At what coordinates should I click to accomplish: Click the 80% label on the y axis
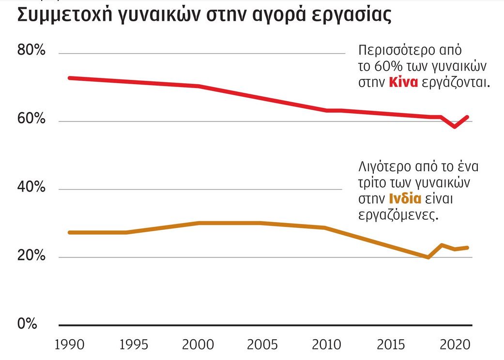pyautogui.click(x=31, y=51)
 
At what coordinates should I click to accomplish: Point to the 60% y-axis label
pyautogui.click(x=31, y=119)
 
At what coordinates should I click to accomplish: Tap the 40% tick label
pyautogui.click(x=31, y=187)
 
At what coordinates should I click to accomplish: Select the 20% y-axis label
pyautogui.click(x=31, y=255)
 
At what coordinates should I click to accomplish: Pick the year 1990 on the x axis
pyautogui.click(x=69, y=345)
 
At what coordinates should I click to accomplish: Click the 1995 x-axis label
pyautogui.click(x=134, y=345)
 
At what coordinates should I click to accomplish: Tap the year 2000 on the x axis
pyautogui.click(x=198, y=345)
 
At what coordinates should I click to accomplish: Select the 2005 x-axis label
pyautogui.click(x=261, y=345)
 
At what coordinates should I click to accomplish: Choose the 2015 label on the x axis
pyautogui.click(x=390, y=345)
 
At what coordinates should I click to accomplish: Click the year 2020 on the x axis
pyautogui.click(x=453, y=345)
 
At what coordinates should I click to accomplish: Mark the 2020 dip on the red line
pyautogui.click(x=454, y=127)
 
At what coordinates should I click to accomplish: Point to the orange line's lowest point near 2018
pyautogui.click(x=428, y=257)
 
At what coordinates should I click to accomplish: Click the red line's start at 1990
pyautogui.click(x=69, y=78)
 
